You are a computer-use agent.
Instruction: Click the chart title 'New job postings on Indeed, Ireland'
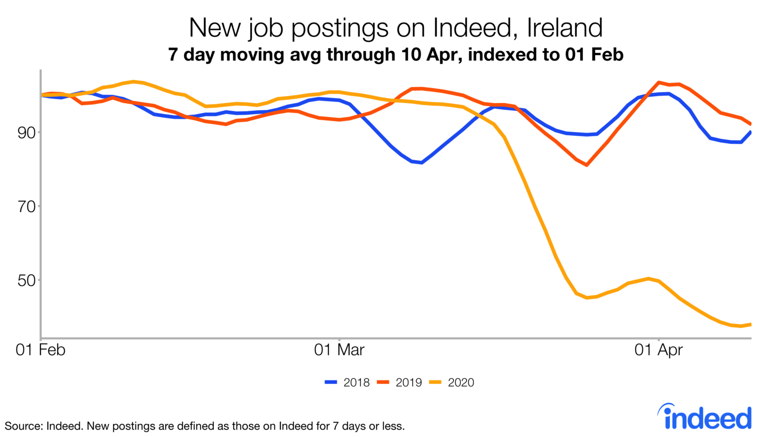click(396, 28)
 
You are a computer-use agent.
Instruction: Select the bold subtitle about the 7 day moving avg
click(396, 54)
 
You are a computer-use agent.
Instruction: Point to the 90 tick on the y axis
click(27, 133)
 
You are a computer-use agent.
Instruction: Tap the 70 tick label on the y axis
click(27, 206)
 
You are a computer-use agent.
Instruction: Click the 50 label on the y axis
click(27, 280)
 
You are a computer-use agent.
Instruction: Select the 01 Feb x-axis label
click(41, 349)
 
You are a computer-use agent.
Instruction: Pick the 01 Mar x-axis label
click(339, 349)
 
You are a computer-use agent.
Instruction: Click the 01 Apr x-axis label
click(658, 349)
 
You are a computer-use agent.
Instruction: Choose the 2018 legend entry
click(347, 382)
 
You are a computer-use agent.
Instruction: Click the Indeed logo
click(706, 416)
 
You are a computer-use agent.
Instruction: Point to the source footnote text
click(205, 426)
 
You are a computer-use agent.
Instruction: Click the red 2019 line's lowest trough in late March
click(586, 165)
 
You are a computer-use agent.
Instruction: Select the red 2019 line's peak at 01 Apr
click(659, 82)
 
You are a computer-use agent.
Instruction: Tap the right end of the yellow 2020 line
click(750, 324)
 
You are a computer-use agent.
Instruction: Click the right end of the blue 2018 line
click(750, 132)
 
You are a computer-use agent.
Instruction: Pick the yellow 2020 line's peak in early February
click(133, 81)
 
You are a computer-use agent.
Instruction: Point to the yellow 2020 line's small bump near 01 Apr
click(648, 278)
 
